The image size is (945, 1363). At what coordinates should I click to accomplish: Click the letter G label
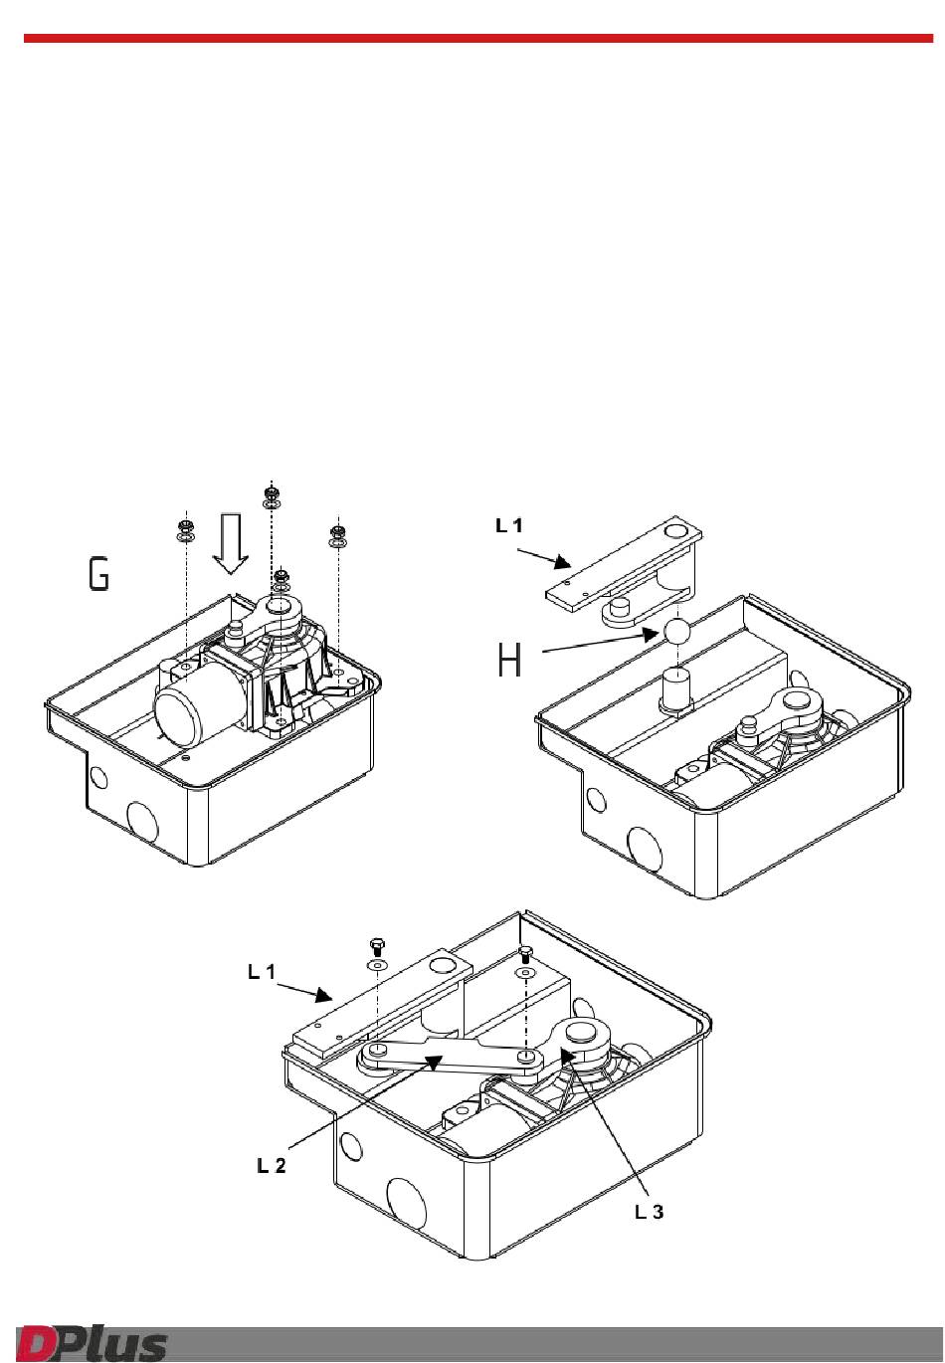pos(98,574)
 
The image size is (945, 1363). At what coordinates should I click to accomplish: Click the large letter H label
pos(509,660)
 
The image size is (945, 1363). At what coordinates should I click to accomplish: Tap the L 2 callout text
pos(271,1165)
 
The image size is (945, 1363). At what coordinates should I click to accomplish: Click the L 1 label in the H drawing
pos(508,525)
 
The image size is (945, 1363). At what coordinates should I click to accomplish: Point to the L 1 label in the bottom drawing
pos(262,972)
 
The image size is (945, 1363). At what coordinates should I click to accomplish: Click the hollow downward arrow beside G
pos(230,543)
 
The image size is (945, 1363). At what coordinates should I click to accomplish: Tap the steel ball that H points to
pos(676,631)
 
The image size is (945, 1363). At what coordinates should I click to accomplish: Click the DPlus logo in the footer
pos(92,1341)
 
